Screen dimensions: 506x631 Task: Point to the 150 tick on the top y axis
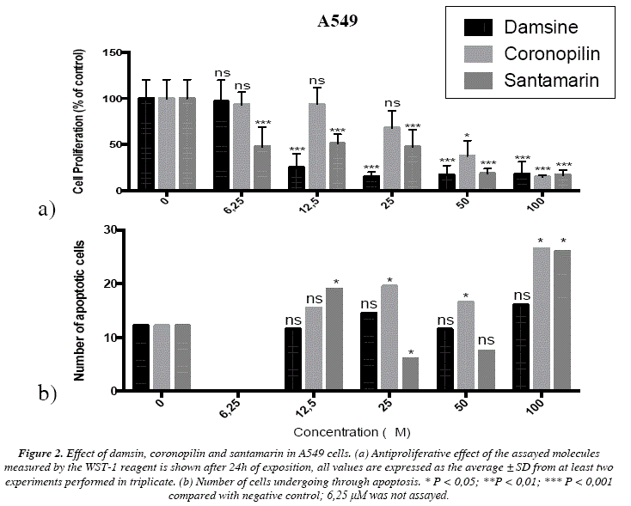click(110, 53)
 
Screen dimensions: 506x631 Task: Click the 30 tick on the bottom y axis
click(111, 230)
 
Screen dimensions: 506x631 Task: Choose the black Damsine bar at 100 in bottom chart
click(520, 347)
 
